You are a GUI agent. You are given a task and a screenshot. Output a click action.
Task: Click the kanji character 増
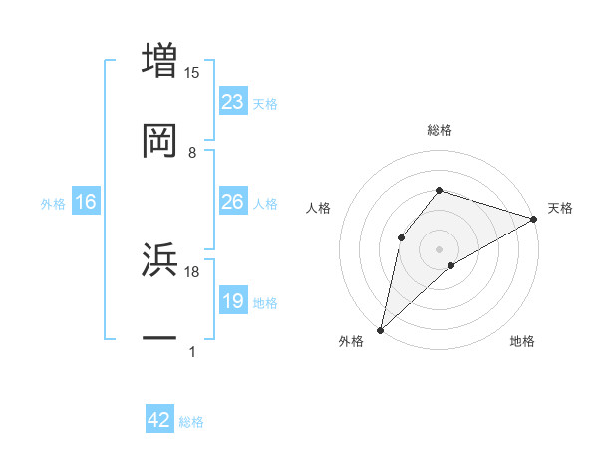pyautogui.click(x=160, y=59)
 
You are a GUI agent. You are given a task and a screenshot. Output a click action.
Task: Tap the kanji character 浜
pyautogui.click(x=160, y=259)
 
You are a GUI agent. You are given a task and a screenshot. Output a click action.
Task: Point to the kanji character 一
pyautogui.click(x=160, y=339)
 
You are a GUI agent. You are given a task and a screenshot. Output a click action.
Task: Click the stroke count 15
pyautogui.click(x=192, y=72)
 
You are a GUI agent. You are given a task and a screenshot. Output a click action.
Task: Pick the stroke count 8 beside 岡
pyautogui.click(x=192, y=153)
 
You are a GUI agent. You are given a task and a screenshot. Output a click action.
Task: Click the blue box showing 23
pyautogui.click(x=233, y=102)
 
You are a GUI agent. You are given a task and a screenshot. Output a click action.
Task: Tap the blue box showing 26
pyautogui.click(x=233, y=202)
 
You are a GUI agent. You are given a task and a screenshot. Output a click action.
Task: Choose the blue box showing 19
pyautogui.click(x=233, y=301)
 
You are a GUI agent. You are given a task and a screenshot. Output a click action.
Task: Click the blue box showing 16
pyautogui.click(x=86, y=203)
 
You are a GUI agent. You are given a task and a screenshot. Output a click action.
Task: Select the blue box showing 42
pyautogui.click(x=159, y=421)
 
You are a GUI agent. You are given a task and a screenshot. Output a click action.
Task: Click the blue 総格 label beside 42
pyautogui.click(x=191, y=422)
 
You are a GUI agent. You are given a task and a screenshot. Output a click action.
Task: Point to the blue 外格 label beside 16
pyautogui.click(x=53, y=204)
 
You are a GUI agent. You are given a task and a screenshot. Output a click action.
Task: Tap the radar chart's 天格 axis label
pyautogui.click(x=560, y=208)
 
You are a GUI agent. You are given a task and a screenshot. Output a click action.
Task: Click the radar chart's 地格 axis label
pyautogui.click(x=522, y=342)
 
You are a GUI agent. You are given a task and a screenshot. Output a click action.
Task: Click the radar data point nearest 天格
pyautogui.click(x=534, y=218)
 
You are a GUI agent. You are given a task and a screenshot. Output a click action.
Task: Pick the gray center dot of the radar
pyautogui.click(x=440, y=248)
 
